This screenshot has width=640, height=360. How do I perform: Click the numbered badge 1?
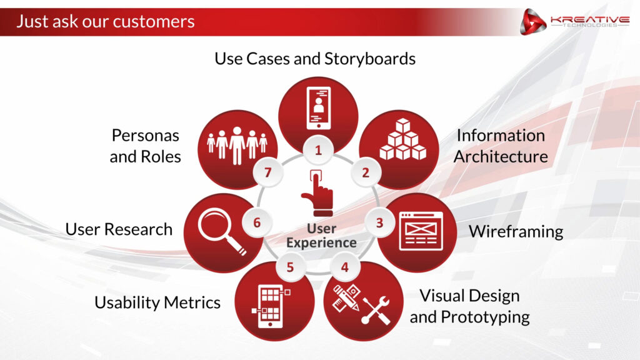[x=318, y=150]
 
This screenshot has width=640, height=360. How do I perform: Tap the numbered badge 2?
[x=366, y=172]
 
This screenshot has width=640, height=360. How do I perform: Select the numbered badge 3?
[x=379, y=223]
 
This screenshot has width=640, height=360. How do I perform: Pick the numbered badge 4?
[x=345, y=267]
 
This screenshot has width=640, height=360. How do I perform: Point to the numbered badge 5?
[x=290, y=267]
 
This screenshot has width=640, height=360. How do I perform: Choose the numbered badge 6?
[x=257, y=222]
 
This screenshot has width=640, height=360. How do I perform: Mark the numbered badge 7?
[x=267, y=172]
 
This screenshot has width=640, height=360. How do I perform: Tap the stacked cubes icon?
[x=403, y=139]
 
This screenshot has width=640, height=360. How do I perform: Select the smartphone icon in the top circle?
[x=319, y=107]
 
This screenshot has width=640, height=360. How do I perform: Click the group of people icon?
[x=237, y=145]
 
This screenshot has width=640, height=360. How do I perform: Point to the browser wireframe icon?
[x=421, y=231]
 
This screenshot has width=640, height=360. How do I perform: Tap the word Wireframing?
[x=516, y=232]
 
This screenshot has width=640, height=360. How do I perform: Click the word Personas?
[x=145, y=136]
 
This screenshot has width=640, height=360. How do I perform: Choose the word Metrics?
[x=192, y=302]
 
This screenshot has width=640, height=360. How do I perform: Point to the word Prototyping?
[x=485, y=317]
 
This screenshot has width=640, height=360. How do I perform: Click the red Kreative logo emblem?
[x=532, y=22]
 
